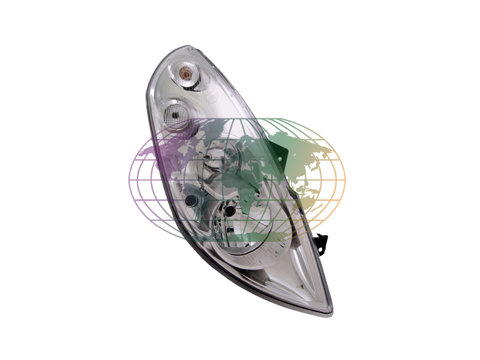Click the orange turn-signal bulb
click(x=186, y=74)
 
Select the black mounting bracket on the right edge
click(x=322, y=243)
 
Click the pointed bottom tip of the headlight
click(x=329, y=311)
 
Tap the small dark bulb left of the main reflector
click(x=191, y=200)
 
